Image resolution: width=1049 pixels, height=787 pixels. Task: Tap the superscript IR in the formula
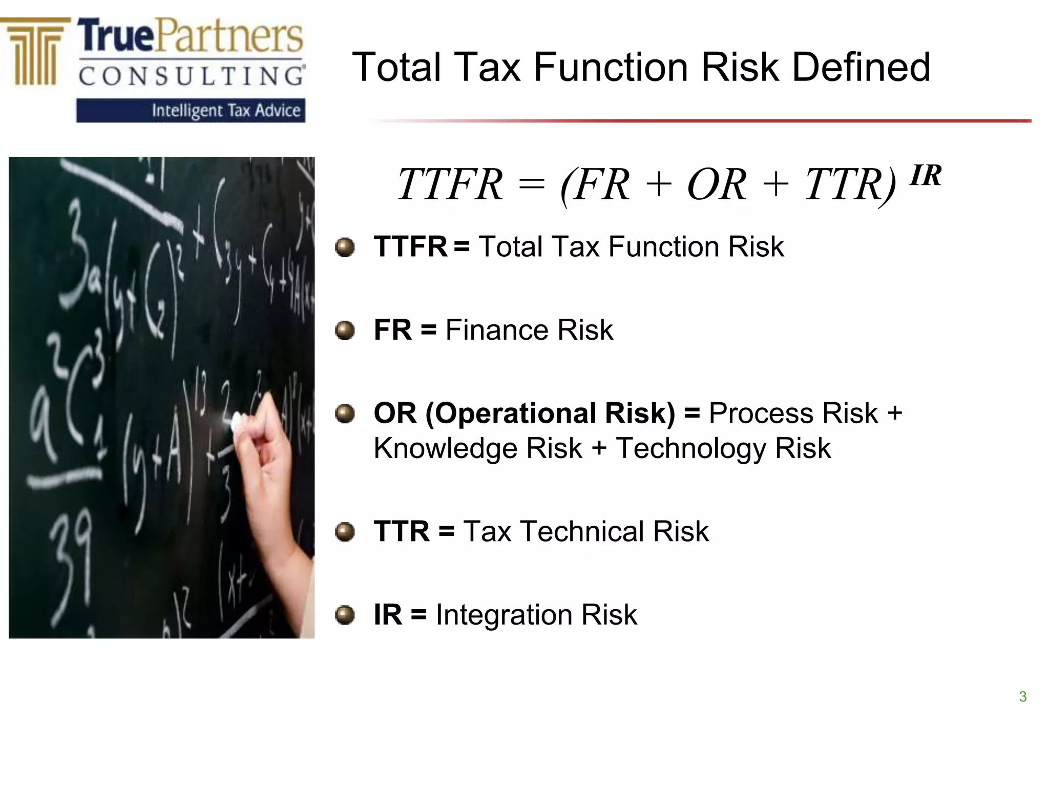925,176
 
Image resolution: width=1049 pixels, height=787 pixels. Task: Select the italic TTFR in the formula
450,184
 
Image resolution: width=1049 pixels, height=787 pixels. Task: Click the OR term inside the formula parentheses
716,184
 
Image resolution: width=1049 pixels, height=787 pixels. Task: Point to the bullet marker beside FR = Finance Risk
345,330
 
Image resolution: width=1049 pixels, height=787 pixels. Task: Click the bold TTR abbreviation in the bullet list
402,531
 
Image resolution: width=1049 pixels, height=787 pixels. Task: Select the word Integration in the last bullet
503,614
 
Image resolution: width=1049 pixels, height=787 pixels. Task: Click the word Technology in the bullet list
690,448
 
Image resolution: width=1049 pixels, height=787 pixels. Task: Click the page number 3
1022,697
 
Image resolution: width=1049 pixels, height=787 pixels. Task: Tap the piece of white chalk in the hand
237,422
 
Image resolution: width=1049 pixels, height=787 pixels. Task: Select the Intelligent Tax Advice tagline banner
191,111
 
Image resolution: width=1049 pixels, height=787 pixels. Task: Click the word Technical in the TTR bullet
582,531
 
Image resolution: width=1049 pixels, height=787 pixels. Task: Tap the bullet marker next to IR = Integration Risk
345,615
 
